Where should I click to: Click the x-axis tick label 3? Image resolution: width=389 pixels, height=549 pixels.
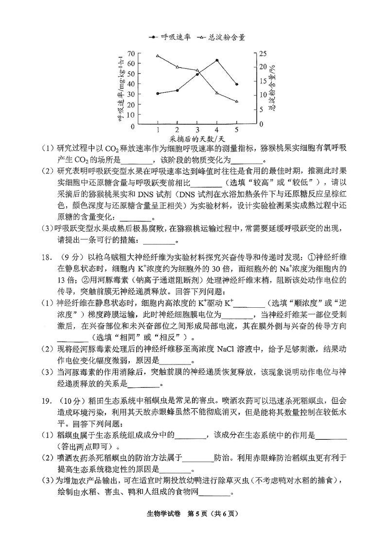pos(197,130)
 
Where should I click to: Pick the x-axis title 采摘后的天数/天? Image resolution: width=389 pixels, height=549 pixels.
pos(197,140)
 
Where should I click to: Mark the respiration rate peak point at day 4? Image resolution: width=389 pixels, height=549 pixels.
pos(216,60)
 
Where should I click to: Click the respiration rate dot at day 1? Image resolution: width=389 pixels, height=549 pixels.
pos(158,93)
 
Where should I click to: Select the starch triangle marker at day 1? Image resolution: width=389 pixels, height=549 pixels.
pos(158,56)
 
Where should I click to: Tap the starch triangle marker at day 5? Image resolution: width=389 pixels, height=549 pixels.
pos(236,101)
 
